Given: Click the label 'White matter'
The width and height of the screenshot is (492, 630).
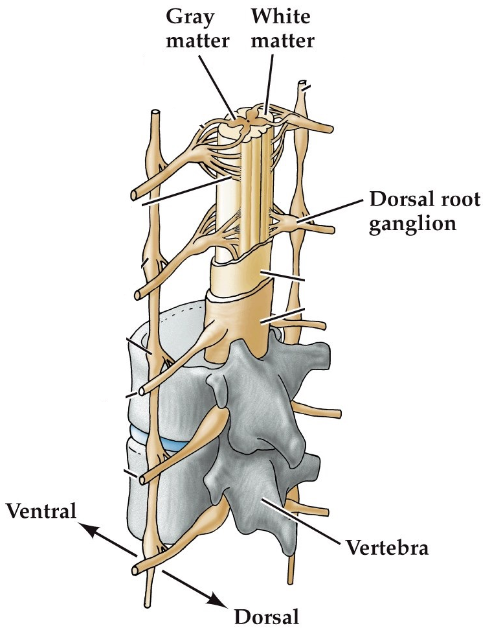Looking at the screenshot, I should coord(282,29).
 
